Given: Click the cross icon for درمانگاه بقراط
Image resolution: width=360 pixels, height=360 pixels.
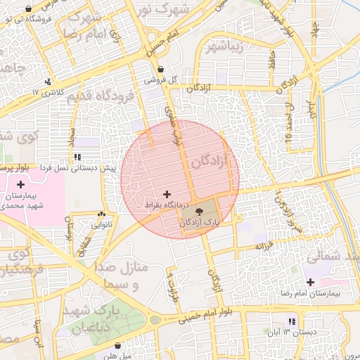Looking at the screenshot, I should coord(167,193).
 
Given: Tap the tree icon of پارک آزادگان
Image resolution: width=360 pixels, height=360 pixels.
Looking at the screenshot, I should coord(200,210).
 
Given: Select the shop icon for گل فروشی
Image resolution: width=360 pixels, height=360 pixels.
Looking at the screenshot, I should coord(162,70).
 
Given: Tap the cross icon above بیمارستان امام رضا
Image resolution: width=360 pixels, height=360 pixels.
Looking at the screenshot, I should coord(310,282).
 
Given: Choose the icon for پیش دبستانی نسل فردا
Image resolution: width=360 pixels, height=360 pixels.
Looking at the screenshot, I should coord(77,157).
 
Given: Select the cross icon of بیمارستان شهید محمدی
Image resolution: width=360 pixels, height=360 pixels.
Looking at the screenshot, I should coord(20,184).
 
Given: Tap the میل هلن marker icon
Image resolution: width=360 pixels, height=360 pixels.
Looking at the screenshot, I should coord(118,346).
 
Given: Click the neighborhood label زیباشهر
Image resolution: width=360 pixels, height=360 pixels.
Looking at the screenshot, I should coord(226,47).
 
